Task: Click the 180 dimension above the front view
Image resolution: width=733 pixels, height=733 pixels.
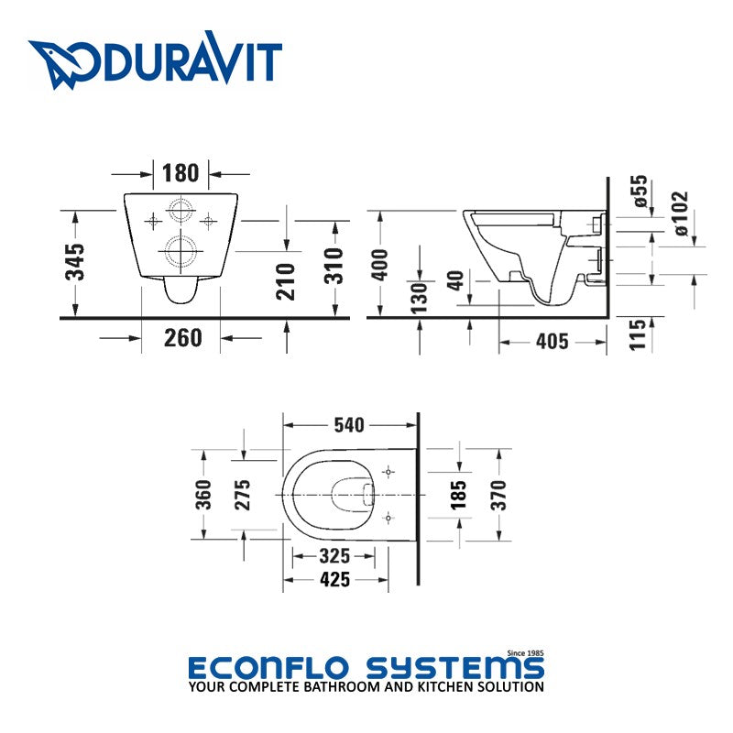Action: pos(181,173)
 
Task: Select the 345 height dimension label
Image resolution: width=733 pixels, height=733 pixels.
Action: pos(75,262)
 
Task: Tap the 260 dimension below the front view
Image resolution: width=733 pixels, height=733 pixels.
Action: pos(182,337)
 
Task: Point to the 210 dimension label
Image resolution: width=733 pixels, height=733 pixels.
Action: pos(286,281)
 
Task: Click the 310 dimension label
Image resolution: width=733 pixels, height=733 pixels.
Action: pos(334,266)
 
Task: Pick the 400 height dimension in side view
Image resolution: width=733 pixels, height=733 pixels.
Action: pos(379,265)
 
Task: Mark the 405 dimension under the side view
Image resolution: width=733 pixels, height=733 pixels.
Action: pos(552,341)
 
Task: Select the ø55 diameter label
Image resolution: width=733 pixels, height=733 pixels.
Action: pos(640,191)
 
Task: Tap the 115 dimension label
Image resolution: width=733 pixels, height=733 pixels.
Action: pos(637,334)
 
